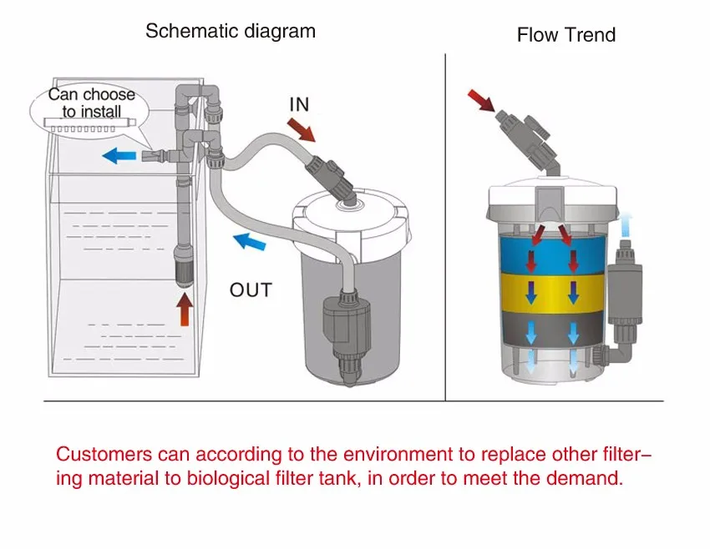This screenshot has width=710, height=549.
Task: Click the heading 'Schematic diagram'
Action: pos(231,32)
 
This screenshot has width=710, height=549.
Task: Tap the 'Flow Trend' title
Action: pos(565,35)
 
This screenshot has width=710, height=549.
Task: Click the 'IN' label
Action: pos(298,104)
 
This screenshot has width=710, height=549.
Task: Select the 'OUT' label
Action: pos(251,290)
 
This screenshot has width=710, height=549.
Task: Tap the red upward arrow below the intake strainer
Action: pos(184,312)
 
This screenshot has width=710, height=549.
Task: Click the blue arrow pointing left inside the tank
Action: pos(120,155)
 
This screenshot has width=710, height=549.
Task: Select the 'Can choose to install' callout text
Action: pos(91,103)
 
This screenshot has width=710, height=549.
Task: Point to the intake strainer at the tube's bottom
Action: pos(184,266)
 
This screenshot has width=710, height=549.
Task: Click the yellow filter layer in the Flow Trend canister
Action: pos(551,292)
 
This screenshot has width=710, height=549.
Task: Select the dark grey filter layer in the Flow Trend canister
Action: pos(551,330)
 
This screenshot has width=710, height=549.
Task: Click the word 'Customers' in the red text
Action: pos(104,455)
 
